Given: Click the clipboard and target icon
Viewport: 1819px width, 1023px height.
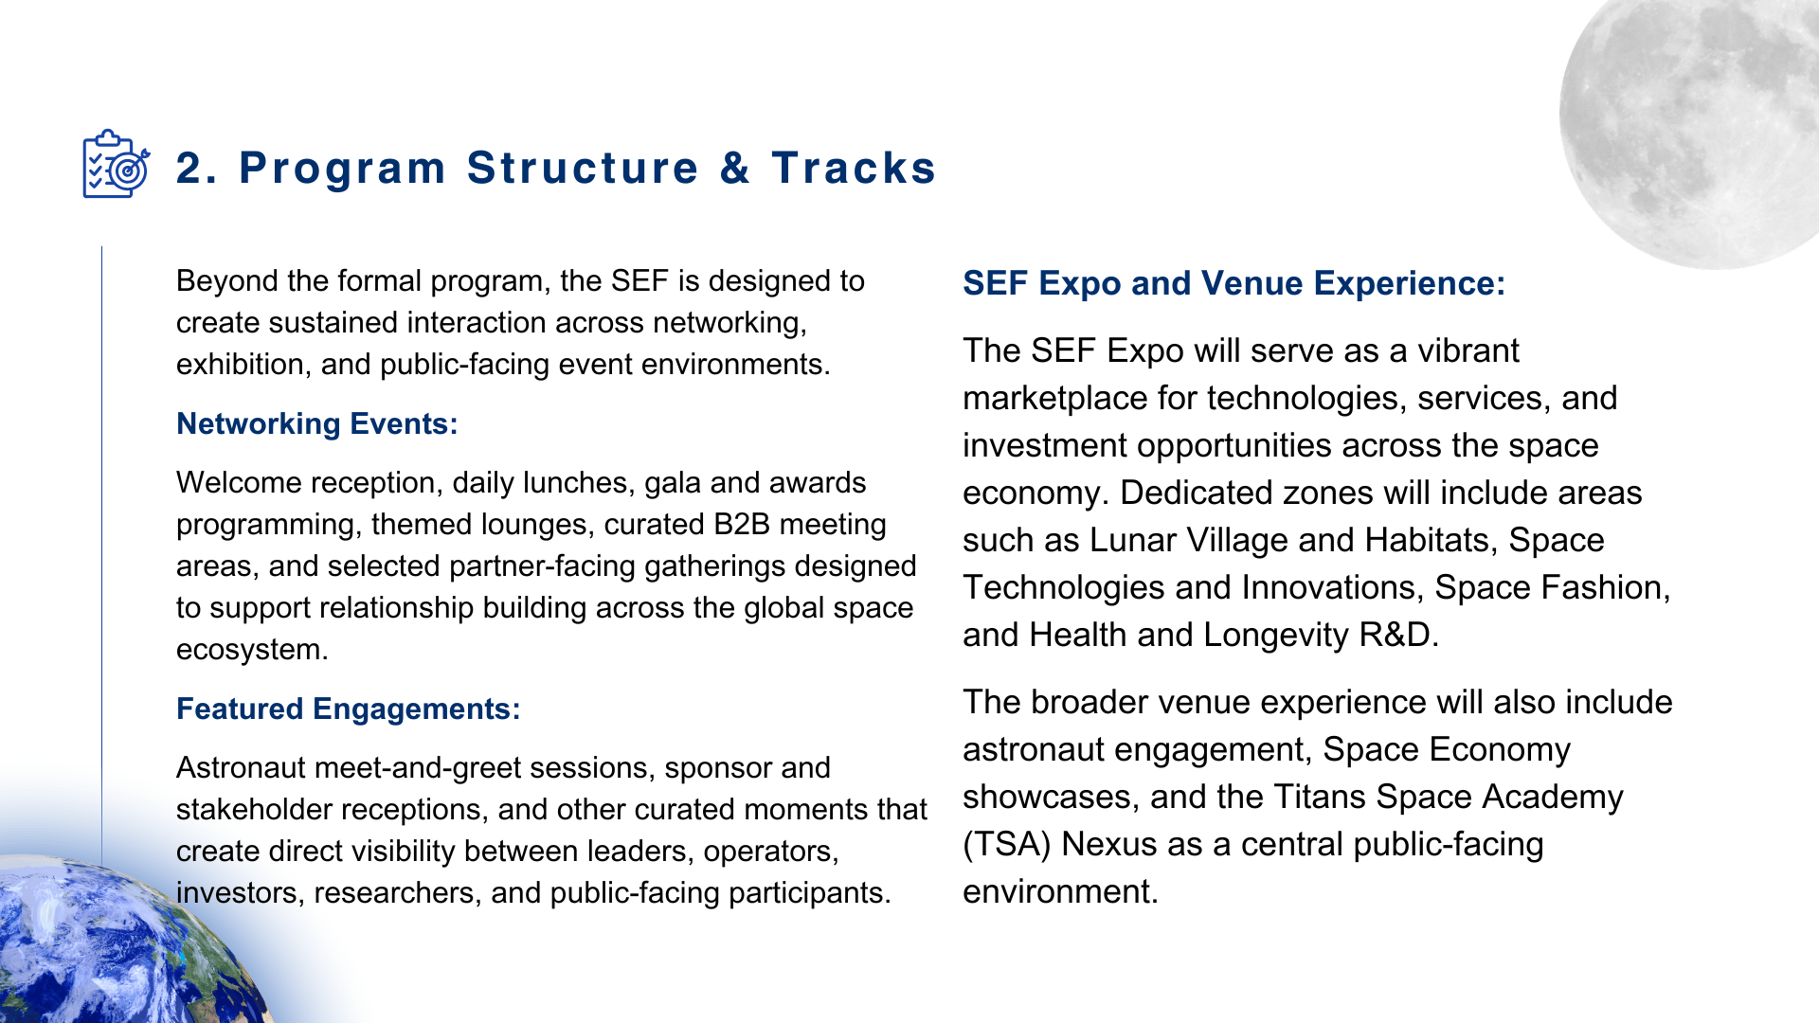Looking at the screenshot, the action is pyautogui.click(x=116, y=164).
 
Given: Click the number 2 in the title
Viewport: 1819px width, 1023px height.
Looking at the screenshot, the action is pyautogui.click(x=189, y=169).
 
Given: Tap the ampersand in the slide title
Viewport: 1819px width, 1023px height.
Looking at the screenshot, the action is pyautogui.click(x=734, y=169).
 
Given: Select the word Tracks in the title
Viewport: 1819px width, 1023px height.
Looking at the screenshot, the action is pyautogui.click(x=854, y=169).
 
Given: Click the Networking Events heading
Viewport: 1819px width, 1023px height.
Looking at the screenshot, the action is pyautogui.click(x=317, y=423).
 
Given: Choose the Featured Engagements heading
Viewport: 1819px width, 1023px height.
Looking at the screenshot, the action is pyautogui.click(x=349, y=709).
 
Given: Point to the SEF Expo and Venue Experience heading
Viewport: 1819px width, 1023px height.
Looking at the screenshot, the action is pyautogui.click(x=1234, y=283).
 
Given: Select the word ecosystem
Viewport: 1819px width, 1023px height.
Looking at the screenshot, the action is pyautogui.click(x=252, y=650).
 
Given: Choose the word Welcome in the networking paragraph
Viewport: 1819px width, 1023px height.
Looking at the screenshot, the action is pyautogui.click(x=238, y=482).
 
